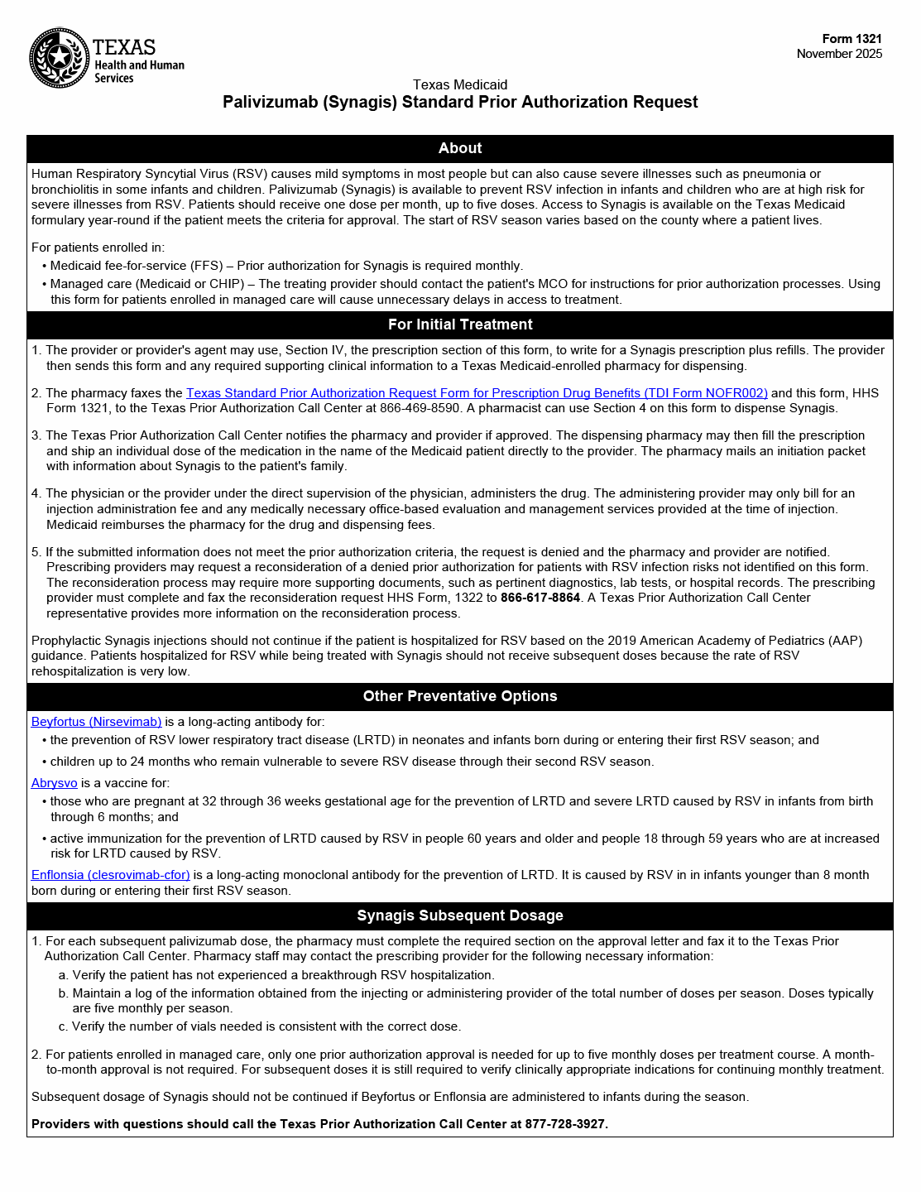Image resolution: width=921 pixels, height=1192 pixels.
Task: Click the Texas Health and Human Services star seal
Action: tap(59, 58)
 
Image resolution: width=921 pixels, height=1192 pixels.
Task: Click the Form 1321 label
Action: tap(851, 39)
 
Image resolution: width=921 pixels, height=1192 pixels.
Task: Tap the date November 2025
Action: tap(839, 54)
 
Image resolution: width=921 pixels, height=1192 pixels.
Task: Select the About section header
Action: tap(460, 148)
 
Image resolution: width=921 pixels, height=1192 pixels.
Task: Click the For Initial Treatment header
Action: tap(460, 324)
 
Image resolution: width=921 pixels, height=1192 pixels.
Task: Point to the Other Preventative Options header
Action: tap(460, 696)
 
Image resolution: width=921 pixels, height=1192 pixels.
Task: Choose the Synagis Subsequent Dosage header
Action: tap(460, 916)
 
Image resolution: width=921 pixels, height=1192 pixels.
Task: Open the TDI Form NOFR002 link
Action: tap(477, 393)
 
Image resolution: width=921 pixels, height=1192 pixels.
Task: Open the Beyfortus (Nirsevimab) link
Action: tap(96, 722)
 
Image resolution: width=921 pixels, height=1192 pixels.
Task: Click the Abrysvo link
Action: tap(54, 783)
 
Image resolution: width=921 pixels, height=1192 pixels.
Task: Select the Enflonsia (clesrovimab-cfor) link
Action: tap(110, 875)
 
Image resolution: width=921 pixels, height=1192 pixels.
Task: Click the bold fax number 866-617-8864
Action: tap(540, 598)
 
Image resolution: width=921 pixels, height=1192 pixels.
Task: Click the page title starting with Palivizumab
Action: tap(460, 102)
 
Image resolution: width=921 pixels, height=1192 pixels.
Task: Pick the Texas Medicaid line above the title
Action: tap(460, 84)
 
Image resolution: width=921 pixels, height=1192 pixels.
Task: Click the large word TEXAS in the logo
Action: tap(124, 47)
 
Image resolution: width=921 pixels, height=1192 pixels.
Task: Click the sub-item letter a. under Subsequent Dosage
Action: tap(64, 975)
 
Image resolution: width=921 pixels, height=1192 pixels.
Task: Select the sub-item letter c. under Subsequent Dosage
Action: tap(64, 1026)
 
